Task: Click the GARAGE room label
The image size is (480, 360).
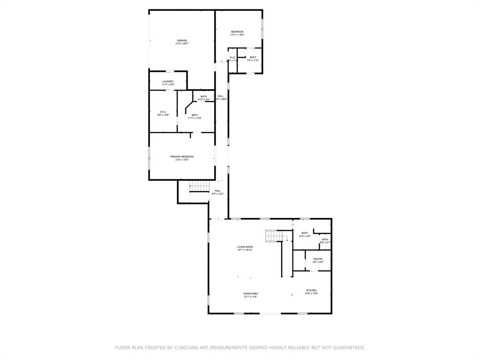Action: click(182, 40)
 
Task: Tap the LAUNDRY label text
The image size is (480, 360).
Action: click(168, 82)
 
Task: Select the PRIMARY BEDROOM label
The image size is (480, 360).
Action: click(182, 157)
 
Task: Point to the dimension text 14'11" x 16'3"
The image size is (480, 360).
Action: click(237, 35)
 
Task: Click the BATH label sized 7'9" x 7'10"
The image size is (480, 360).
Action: click(253, 57)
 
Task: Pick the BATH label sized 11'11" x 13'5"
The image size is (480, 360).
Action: click(195, 115)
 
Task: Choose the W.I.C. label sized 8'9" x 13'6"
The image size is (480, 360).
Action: click(163, 112)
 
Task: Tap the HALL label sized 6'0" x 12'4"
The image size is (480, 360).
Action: click(217, 190)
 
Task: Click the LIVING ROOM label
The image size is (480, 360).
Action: click(245, 247)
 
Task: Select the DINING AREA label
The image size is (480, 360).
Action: click(251, 293)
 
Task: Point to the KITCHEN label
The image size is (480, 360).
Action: click(311, 290)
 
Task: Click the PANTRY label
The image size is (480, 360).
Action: click(318, 259)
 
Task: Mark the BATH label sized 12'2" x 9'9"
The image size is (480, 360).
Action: click(305, 233)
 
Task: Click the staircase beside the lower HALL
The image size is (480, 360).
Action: click(199, 186)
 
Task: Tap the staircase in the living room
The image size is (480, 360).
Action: click(273, 236)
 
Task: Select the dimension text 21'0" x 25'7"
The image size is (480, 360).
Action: click(182, 44)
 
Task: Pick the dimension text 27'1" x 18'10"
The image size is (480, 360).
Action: click(245, 250)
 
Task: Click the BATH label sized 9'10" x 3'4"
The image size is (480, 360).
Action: click(203, 96)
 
